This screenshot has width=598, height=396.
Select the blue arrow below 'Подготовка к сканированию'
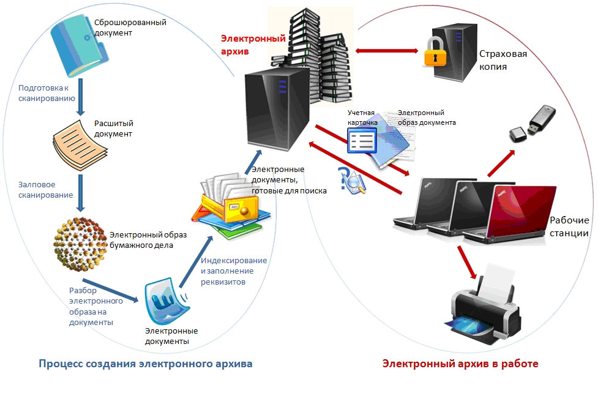(80, 99)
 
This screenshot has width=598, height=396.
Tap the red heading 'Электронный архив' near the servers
(253, 45)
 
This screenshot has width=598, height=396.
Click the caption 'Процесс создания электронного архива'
(145, 364)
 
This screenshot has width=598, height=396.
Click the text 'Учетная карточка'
(361, 118)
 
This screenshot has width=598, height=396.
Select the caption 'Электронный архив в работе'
(460, 364)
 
